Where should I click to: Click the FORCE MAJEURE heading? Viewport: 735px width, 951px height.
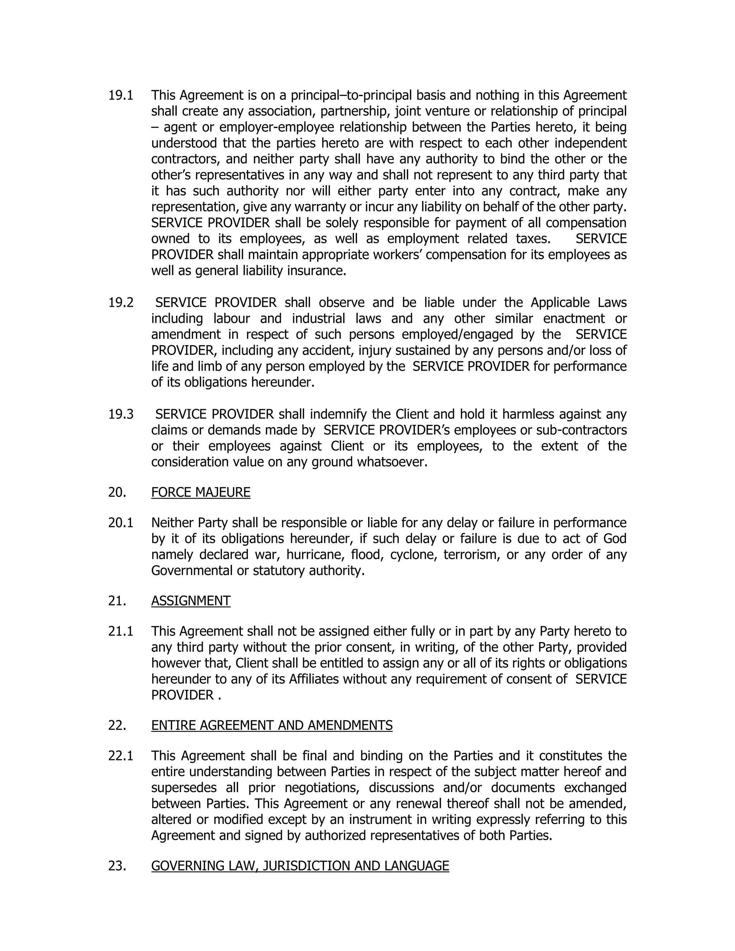(x=201, y=492)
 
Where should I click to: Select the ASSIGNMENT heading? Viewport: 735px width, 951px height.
(x=191, y=601)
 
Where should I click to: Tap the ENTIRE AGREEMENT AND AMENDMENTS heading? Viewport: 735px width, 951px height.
(x=272, y=725)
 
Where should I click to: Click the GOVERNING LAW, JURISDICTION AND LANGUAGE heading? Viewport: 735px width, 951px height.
(x=300, y=866)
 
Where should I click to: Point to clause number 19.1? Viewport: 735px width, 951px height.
(x=121, y=95)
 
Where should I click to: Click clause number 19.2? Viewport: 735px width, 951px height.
(x=121, y=303)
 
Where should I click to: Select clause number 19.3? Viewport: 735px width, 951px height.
(x=121, y=414)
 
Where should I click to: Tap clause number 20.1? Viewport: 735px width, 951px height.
(x=121, y=523)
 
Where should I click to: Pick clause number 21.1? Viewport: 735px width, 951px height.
(x=121, y=631)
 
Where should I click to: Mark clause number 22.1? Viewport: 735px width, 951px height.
(x=121, y=755)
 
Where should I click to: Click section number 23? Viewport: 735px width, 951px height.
(x=117, y=866)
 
